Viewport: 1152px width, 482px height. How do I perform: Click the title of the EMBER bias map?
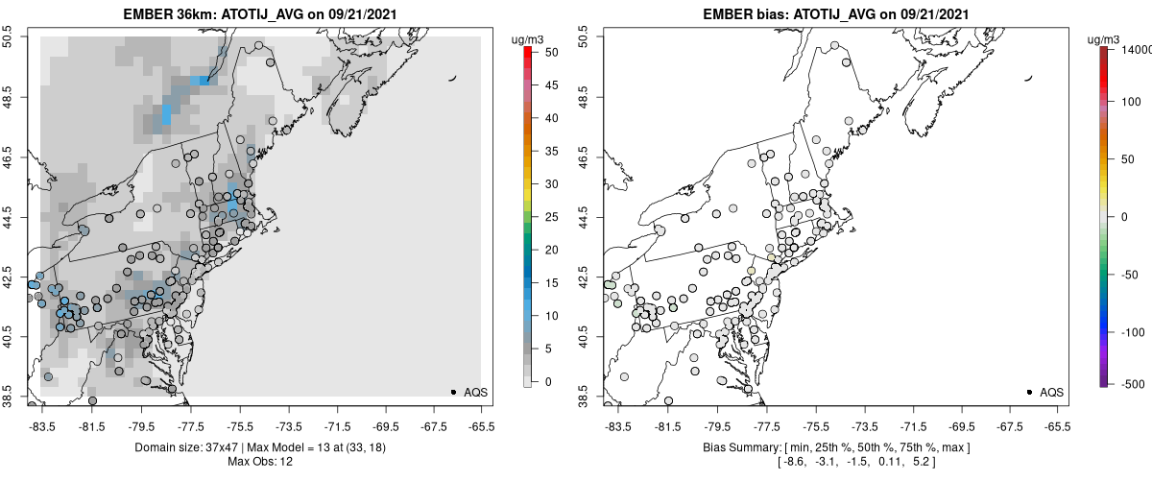(x=834, y=15)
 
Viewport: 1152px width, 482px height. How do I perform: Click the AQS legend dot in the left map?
(x=453, y=392)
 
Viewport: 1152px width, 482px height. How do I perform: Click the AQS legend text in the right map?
(x=1052, y=392)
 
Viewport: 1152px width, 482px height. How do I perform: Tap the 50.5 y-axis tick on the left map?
(x=9, y=36)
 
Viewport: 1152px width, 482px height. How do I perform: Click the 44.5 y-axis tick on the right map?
(x=585, y=216)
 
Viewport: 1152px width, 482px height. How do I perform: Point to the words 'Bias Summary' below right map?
(x=735, y=447)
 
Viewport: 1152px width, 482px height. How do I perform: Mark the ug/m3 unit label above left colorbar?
(x=529, y=38)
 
